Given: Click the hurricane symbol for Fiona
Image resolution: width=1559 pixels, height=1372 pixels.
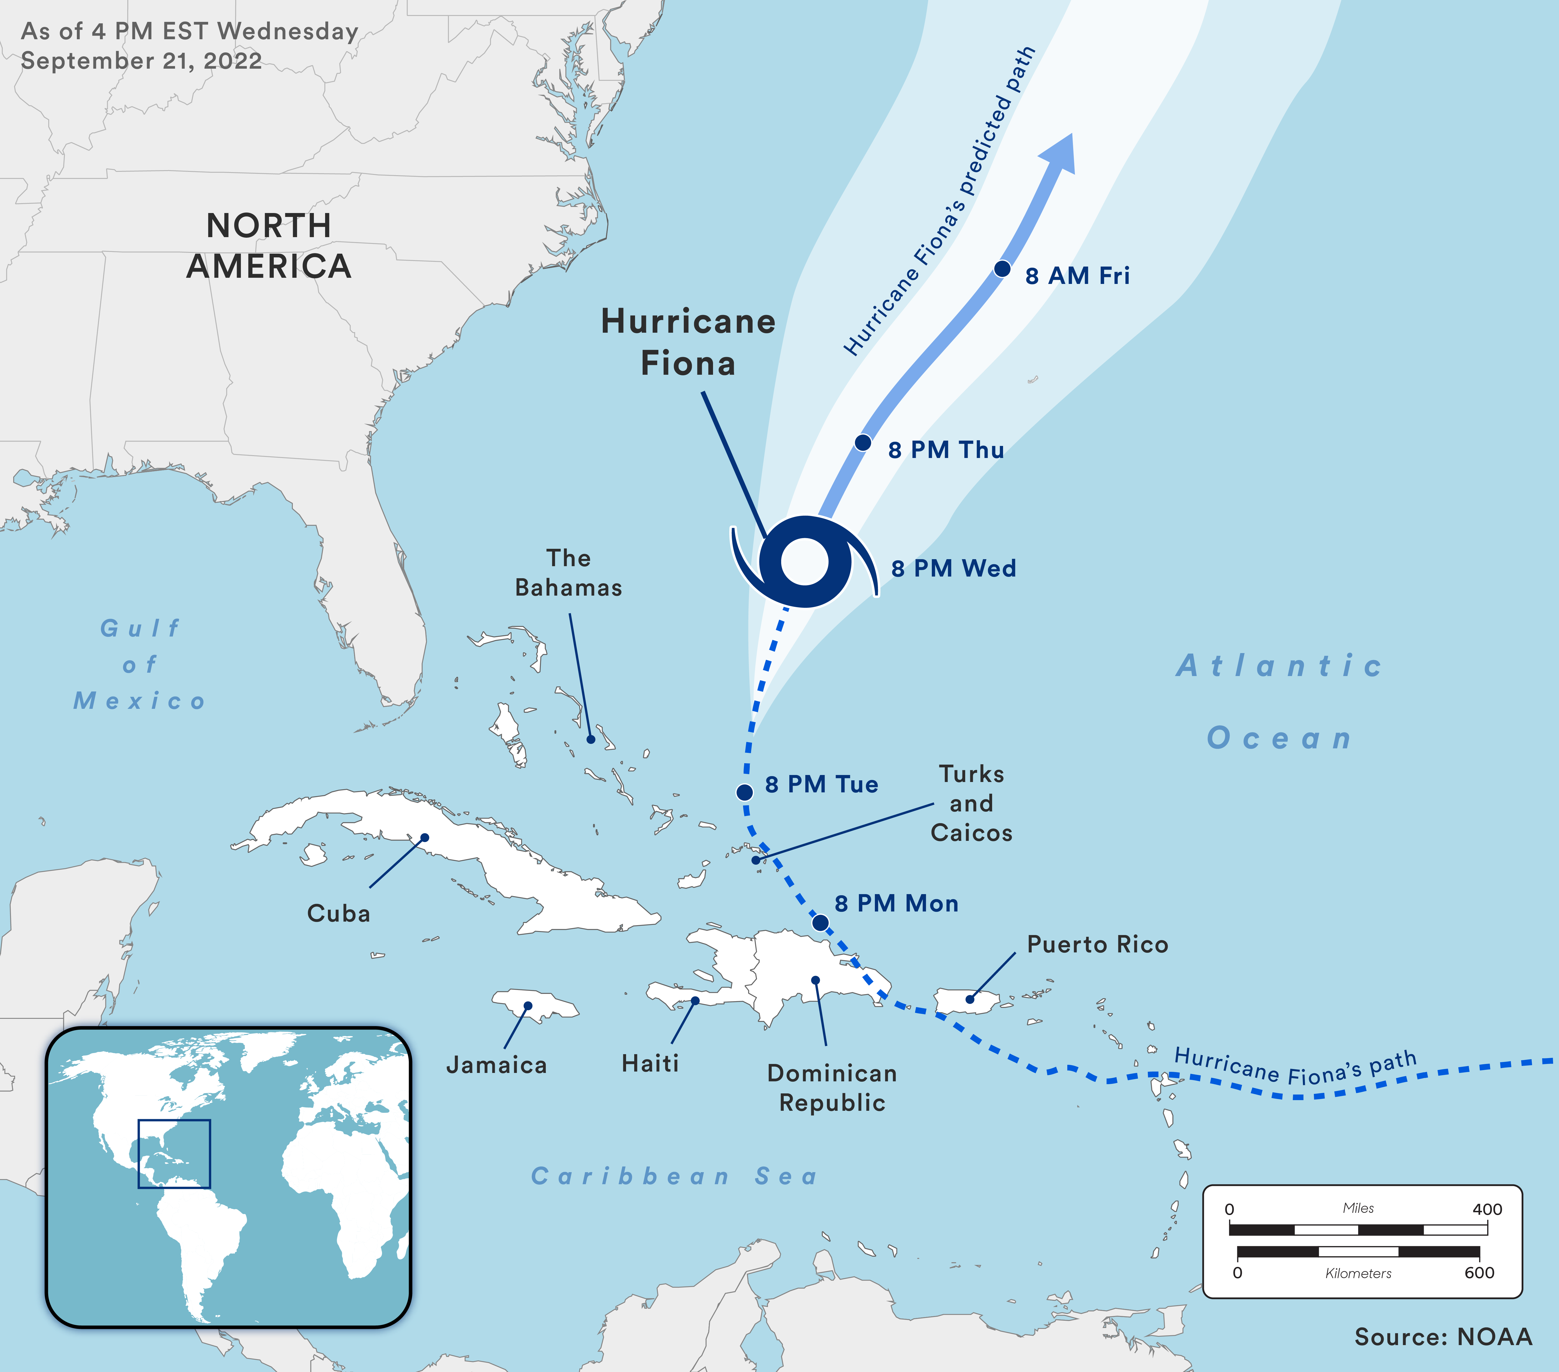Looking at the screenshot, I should tap(805, 562).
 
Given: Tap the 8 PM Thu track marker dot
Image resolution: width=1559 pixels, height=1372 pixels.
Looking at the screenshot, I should tap(863, 443).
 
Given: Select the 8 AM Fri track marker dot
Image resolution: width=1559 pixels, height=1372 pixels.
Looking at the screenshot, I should tap(1002, 269).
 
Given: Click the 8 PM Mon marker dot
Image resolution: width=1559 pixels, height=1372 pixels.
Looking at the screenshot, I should tap(820, 923).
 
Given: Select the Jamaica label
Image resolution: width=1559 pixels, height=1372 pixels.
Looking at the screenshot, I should tap(496, 1065).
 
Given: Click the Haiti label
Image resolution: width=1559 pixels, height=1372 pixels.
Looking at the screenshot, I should tap(650, 1063).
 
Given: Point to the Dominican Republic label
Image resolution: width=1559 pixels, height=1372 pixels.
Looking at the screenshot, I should tap(832, 1088).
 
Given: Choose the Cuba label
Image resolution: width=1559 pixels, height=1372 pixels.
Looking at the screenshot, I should tap(339, 913).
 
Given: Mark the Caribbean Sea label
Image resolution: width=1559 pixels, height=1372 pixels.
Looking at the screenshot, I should tap(674, 1176).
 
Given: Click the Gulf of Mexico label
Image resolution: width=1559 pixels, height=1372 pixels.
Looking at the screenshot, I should tap(140, 665).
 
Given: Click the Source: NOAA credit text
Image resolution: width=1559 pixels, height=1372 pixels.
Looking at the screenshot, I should tap(1443, 1337).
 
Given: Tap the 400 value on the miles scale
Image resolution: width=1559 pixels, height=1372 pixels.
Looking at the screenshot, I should tap(1487, 1210).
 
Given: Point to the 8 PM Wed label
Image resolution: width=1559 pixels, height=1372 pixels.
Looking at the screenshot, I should tap(953, 569).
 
